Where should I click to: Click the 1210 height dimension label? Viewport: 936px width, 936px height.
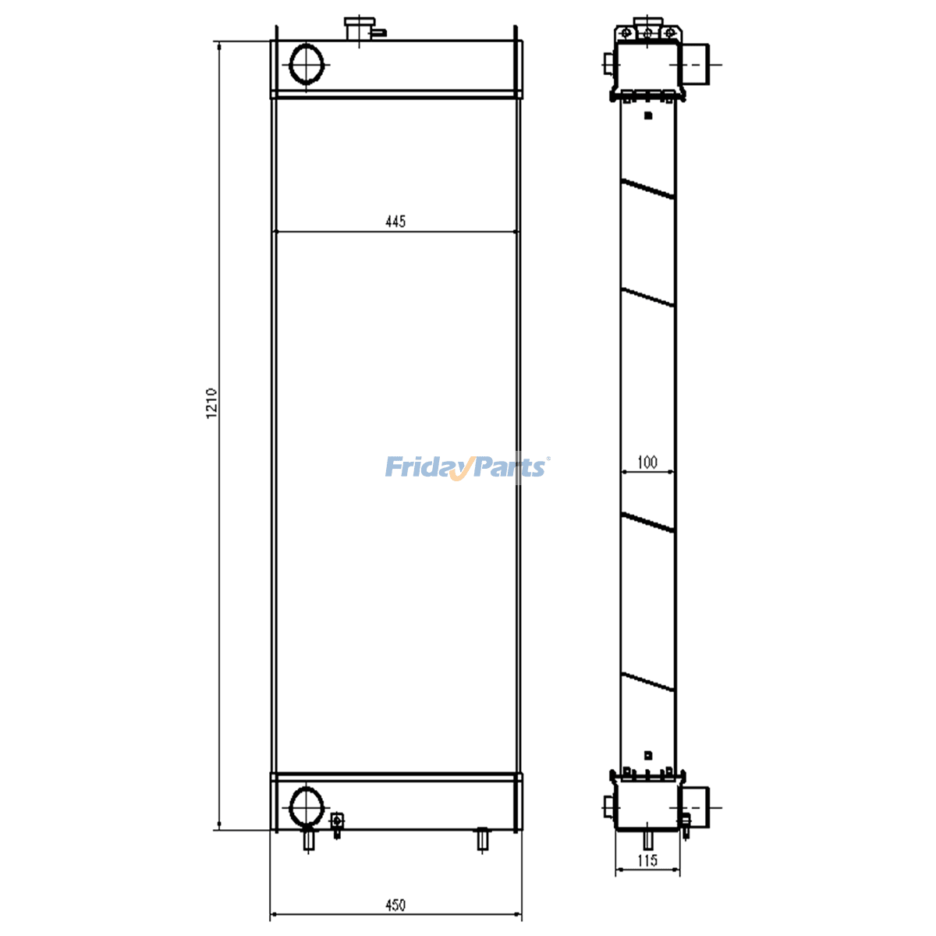point(211,404)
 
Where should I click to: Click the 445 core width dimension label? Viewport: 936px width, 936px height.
point(395,222)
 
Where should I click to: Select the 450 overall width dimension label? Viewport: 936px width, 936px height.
point(395,906)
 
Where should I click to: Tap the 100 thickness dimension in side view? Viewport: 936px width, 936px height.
point(647,463)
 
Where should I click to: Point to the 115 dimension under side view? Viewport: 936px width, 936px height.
point(647,860)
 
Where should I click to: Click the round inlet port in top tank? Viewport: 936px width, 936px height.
point(306,64)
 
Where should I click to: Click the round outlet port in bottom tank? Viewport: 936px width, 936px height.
point(306,806)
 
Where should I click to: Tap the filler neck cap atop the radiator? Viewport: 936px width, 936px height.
point(359,28)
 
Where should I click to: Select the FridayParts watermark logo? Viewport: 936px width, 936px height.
point(466,467)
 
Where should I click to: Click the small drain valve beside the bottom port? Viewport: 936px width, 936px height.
point(337,824)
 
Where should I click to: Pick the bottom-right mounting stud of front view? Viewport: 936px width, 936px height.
point(483,840)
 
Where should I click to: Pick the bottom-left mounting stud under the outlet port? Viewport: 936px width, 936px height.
point(310,841)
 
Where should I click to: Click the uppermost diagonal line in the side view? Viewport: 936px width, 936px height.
point(647,189)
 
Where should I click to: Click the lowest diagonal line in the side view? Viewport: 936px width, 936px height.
point(647,682)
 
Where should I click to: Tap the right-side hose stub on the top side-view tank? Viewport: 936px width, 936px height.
point(696,64)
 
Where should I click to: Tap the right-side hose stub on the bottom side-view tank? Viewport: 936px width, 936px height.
point(696,806)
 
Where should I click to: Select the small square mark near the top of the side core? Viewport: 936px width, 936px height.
point(647,115)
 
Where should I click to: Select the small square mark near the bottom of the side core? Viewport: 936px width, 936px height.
point(647,755)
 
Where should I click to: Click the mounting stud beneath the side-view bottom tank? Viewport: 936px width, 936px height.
point(647,840)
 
